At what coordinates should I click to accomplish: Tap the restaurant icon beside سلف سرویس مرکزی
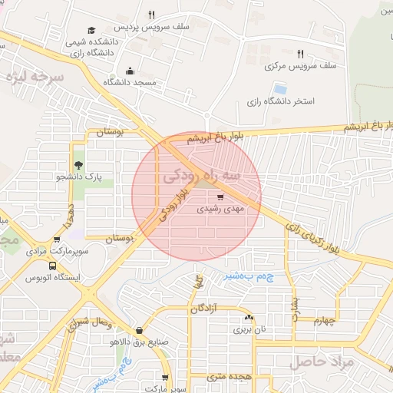(x=300, y=54)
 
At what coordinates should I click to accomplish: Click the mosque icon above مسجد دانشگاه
(x=129, y=70)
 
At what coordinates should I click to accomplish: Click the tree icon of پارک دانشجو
(x=78, y=165)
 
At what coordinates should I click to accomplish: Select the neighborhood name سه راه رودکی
(x=202, y=177)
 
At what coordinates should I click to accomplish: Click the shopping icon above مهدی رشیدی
(x=210, y=196)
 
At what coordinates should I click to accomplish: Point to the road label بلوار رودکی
(x=173, y=207)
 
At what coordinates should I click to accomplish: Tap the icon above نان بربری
(x=248, y=317)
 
